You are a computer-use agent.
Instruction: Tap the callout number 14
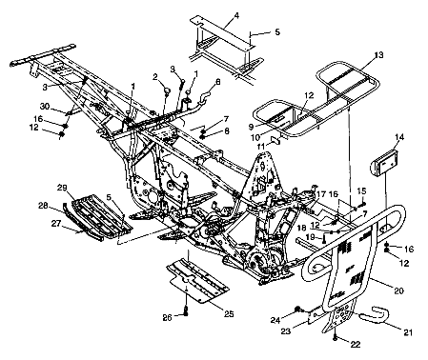pos(397,138)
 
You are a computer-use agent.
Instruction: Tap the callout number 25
pos(226,312)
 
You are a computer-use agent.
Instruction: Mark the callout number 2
pos(153,76)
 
